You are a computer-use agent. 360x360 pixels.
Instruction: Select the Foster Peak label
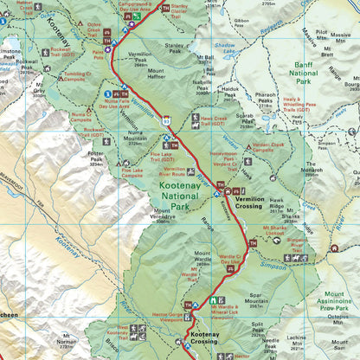click(x=95, y=158)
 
